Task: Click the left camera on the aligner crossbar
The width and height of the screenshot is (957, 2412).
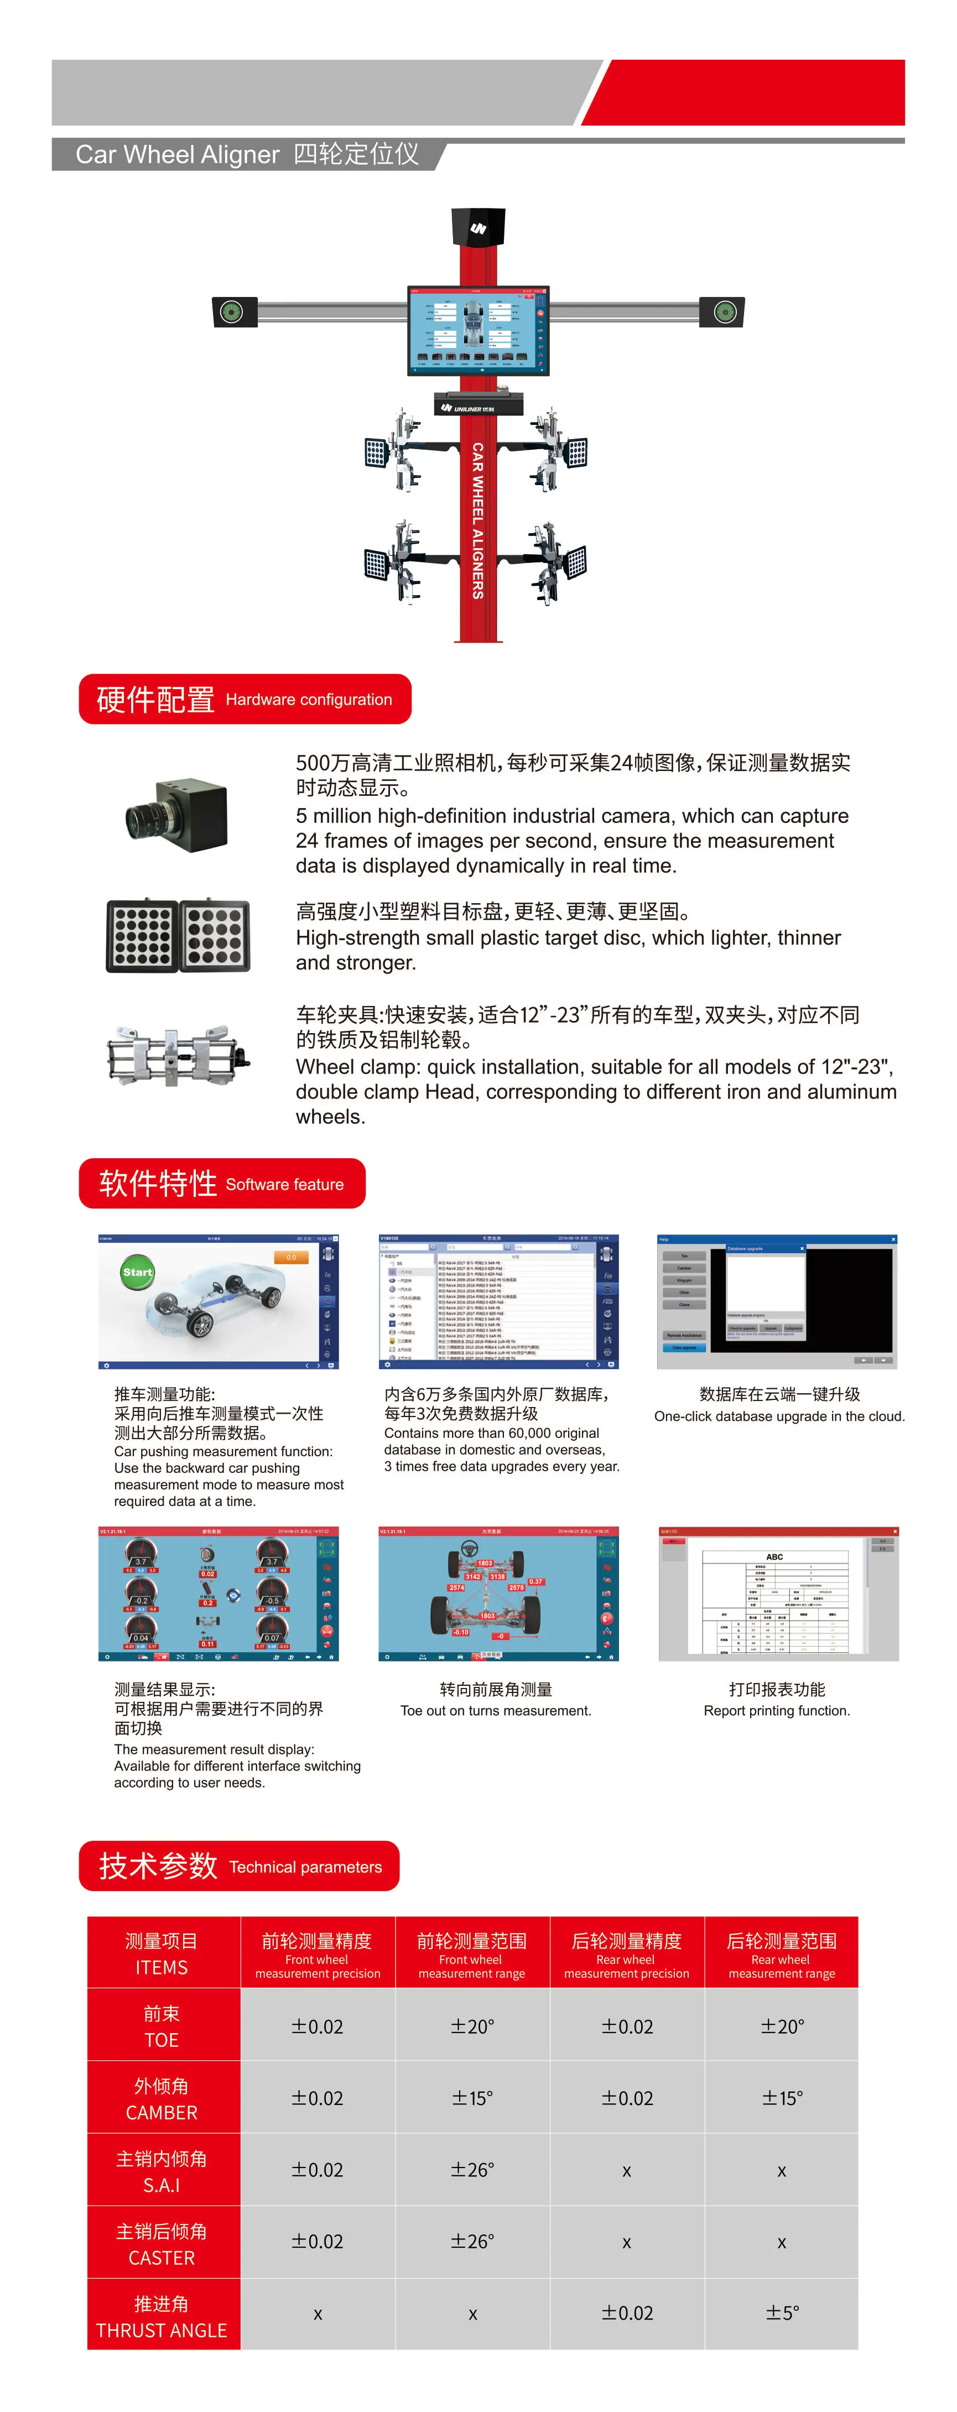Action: tap(233, 312)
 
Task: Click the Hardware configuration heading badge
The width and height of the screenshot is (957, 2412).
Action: tap(246, 700)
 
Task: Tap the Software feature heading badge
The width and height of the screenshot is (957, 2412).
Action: tap(222, 1184)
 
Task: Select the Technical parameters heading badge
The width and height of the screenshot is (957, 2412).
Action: tap(240, 1866)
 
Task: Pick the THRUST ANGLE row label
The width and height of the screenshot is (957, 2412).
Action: tap(162, 2316)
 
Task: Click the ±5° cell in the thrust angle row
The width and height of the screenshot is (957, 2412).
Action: tap(782, 2313)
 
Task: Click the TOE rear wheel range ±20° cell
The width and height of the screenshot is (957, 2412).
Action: tap(782, 2027)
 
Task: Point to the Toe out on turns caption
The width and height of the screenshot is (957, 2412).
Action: tap(496, 1711)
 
